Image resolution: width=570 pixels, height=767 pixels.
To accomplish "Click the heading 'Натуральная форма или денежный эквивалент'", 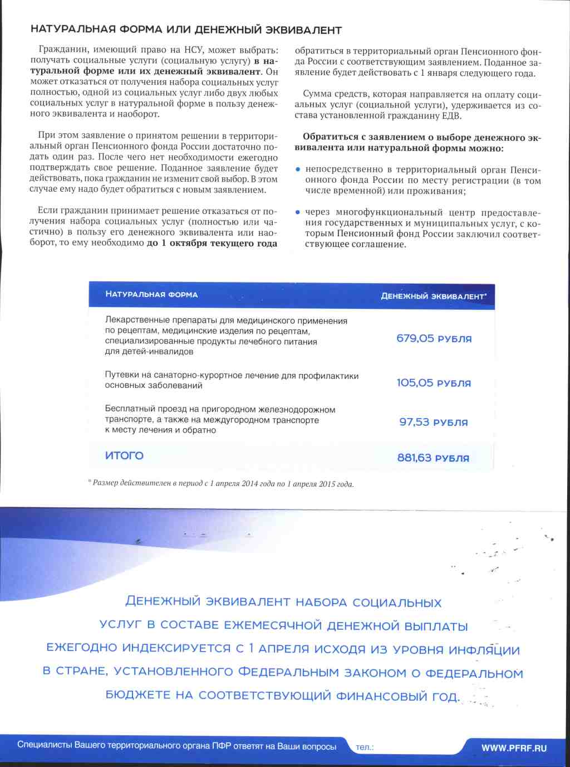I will pyautogui.click(x=186, y=30).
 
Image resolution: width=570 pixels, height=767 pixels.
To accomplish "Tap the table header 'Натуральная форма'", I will pyautogui.click(x=151, y=294).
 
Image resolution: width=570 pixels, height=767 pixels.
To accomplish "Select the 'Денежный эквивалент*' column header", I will pyautogui.click(x=434, y=296).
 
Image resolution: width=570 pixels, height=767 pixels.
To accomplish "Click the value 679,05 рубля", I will pyautogui.click(x=434, y=338).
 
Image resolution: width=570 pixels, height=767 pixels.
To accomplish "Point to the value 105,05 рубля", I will pyautogui.click(x=434, y=383).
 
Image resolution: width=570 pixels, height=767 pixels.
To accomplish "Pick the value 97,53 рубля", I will pyautogui.click(x=434, y=422).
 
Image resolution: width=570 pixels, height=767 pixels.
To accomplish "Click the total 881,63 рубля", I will pyautogui.click(x=433, y=458).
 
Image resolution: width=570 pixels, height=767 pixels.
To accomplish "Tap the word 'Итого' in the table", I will pyautogui.click(x=124, y=455).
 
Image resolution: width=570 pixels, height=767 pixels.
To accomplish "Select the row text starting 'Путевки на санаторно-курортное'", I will pyautogui.click(x=232, y=380).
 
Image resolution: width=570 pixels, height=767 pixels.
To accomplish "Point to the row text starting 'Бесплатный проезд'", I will pyautogui.click(x=220, y=420).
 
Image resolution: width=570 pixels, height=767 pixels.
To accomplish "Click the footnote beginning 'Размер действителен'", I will pyautogui.click(x=223, y=483).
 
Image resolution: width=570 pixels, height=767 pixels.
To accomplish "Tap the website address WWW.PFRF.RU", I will pyautogui.click(x=514, y=748).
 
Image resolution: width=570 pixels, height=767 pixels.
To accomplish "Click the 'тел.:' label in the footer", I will pyautogui.click(x=365, y=747).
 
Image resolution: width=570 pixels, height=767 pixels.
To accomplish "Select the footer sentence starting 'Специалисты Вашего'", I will pyautogui.click(x=176, y=746).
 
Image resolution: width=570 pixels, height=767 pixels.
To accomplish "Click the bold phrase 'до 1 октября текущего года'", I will pyautogui.click(x=212, y=244).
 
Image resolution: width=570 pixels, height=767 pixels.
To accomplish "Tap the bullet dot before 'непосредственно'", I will pyautogui.click(x=298, y=169).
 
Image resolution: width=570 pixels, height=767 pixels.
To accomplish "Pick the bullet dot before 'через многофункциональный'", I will pyautogui.click(x=298, y=212).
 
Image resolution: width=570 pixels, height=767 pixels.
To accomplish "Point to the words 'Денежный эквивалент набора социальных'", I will pyautogui.click(x=283, y=602).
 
